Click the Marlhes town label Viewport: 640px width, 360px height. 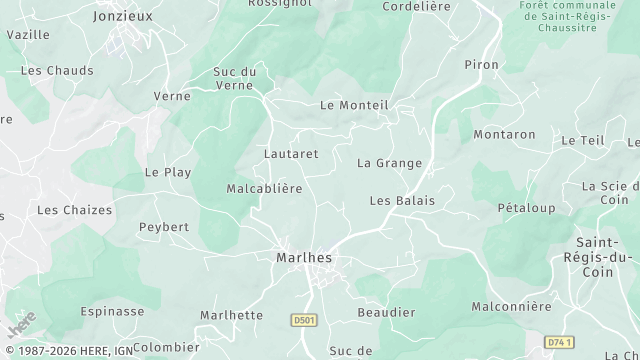[x=303, y=257]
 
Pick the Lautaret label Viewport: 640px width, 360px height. [x=291, y=154]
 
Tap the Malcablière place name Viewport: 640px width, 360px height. [x=264, y=188]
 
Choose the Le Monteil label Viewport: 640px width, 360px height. [x=353, y=105]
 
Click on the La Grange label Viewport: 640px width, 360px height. [x=389, y=163]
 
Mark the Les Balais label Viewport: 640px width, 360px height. [x=402, y=200]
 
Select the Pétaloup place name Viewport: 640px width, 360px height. [x=526, y=208]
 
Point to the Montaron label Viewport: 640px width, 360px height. [x=504, y=134]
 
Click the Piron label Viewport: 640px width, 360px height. [x=481, y=64]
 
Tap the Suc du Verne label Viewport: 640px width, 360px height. [x=235, y=78]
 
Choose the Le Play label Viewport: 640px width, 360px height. [x=168, y=172]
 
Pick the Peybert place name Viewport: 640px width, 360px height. [x=164, y=227]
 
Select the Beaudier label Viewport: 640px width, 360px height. [x=386, y=312]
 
